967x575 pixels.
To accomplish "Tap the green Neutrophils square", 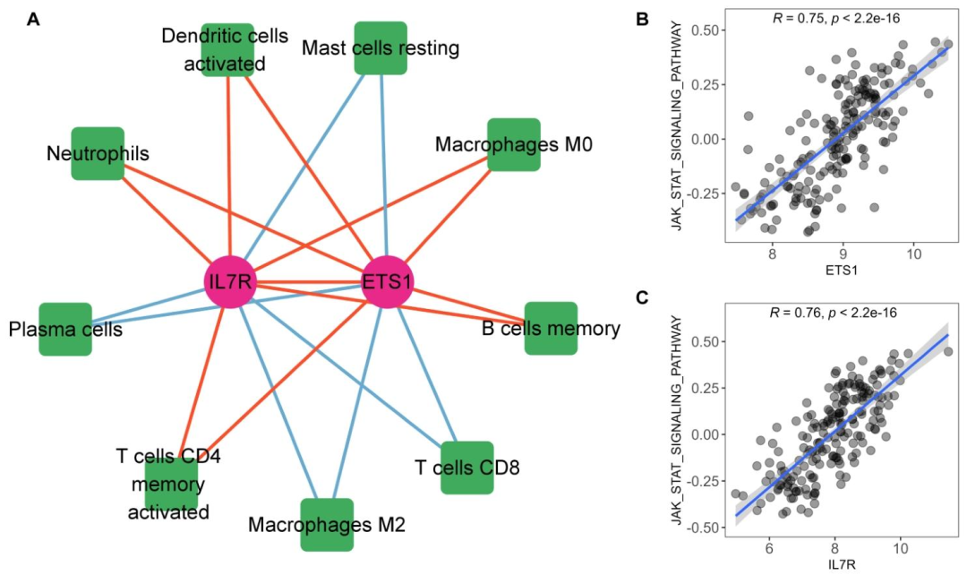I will click(x=98, y=153).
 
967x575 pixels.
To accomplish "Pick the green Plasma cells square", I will click(x=65, y=329).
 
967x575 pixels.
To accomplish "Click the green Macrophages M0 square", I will click(x=514, y=144).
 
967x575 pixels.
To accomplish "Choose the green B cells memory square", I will click(x=550, y=329).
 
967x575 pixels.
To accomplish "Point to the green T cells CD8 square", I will click(x=466, y=467).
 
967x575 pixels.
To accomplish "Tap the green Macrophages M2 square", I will click(x=327, y=524).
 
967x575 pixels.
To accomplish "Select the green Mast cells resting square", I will click(x=381, y=47).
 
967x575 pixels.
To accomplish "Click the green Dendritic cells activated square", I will click(x=227, y=50).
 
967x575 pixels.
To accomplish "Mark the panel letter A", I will click(x=33, y=19).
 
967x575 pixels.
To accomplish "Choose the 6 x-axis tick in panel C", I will click(x=769, y=547).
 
